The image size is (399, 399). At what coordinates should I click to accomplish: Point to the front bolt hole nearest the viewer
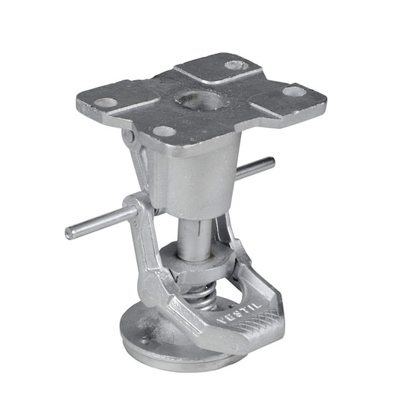tap(163, 132)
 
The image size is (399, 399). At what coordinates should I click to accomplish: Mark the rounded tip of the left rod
tap(70, 233)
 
